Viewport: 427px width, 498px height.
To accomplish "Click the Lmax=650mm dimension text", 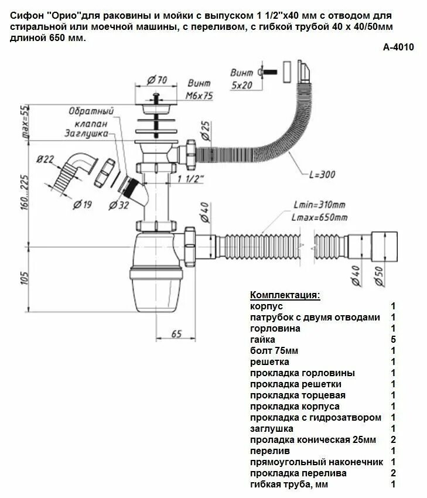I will (x=319, y=217).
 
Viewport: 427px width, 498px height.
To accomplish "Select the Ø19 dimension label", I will (x=82, y=204).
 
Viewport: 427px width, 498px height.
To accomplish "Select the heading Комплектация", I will (x=285, y=295).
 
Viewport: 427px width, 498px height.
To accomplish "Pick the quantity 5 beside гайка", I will (x=394, y=339).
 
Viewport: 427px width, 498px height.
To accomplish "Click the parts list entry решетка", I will (x=269, y=361).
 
